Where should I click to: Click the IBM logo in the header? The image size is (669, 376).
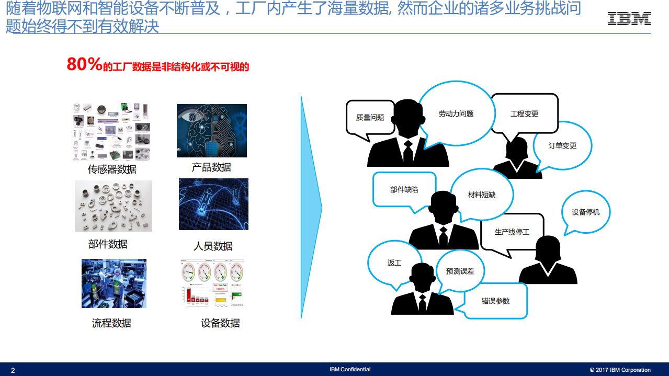(x=629, y=19)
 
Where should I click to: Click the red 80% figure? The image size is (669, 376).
(x=84, y=65)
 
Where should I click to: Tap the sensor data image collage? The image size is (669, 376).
(x=111, y=132)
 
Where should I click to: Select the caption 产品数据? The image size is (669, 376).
(x=211, y=167)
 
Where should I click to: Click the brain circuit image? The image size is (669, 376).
(x=211, y=131)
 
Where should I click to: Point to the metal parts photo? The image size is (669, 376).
(x=113, y=206)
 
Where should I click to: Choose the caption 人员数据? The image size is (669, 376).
(x=213, y=246)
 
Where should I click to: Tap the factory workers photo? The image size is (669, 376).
(x=114, y=283)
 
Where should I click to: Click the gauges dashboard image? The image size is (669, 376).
(x=212, y=283)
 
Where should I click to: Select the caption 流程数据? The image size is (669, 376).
(x=111, y=323)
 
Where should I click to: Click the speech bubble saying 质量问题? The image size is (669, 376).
(x=370, y=118)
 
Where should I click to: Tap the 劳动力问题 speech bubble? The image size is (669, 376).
(x=456, y=113)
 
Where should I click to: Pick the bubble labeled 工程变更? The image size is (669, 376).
(x=524, y=113)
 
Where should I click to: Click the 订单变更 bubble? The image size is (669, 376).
(x=562, y=146)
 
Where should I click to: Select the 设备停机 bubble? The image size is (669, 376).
(x=585, y=212)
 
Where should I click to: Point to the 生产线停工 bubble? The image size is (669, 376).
(x=512, y=231)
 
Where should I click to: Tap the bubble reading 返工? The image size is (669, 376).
(x=394, y=263)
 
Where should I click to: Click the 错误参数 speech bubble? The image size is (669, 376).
(x=495, y=301)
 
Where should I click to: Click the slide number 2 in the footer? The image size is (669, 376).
(x=13, y=370)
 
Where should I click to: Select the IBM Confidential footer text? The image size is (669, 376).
(x=350, y=369)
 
